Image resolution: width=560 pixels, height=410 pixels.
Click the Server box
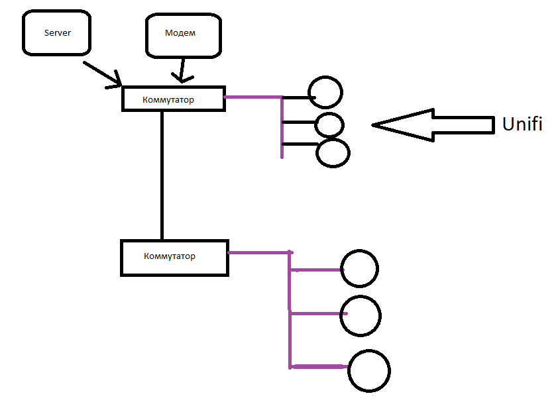pos(57,32)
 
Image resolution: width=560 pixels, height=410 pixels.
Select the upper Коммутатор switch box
pos(174,98)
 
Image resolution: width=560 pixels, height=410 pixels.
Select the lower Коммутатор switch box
pos(174,257)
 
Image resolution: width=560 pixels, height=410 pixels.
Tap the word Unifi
pos(522,124)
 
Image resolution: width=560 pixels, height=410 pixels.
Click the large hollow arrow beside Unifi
pos(434,124)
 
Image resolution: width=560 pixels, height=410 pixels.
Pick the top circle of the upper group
pos(325,92)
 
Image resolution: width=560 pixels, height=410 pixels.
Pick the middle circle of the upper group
pos(329,125)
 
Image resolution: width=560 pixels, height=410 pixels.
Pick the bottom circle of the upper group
pos(333,153)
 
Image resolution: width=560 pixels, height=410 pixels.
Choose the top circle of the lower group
pos(359,268)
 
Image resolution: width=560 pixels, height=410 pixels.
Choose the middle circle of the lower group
pos(361,315)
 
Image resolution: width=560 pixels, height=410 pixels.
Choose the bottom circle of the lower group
pos(369,371)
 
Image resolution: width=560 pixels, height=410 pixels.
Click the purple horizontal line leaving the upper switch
pos(253,97)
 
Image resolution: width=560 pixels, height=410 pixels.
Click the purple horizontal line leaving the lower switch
pos(258,252)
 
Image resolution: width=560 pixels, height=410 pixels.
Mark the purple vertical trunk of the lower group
pos(290,311)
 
